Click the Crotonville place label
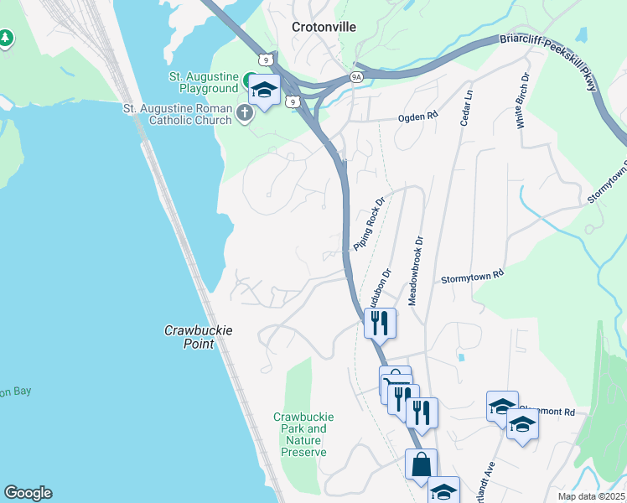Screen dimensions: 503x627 click(x=324, y=27)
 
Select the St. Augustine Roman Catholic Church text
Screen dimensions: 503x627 click(x=177, y=114)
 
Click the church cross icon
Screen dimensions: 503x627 click(x=245, y=113)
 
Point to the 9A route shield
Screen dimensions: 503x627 click(x=356, y=78)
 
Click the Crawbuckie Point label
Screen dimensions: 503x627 click(x=198, y=337)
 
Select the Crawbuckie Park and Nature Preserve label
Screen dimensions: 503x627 click(x=304, y=434)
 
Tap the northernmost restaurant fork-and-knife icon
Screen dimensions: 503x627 click(x=379, y=321)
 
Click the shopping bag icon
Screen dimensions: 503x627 click(x=421, y=463)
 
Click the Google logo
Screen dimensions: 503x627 click(x=28, y=493)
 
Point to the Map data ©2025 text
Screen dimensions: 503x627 click(x=591, y=496)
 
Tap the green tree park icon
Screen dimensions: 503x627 click(x=6, y=39)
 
